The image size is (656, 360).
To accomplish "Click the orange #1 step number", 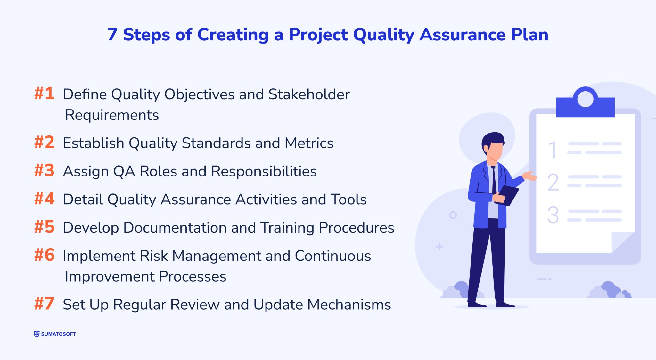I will pos(44,94).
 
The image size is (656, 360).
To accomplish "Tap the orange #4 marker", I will pos(44,199).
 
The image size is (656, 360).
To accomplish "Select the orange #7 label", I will pos(44,304).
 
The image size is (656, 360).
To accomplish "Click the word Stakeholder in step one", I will pos(309,94).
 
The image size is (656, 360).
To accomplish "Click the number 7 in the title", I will pos(112,35).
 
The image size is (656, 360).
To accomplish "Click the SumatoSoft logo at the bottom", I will pos(55,334).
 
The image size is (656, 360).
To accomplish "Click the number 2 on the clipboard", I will pos(553,182).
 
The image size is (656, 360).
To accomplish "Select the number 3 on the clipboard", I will pos(553,215).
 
